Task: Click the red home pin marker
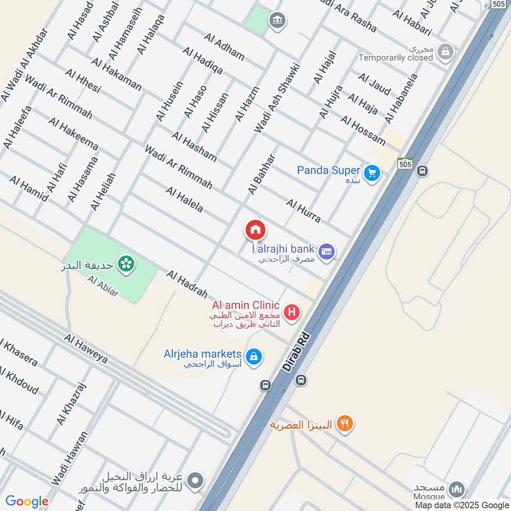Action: pyautogui.click(x=256, y=230)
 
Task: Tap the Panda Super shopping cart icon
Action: pyautogui.click(x=372, y=172)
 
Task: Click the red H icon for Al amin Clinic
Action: pyautogui.click(x=292, y=312)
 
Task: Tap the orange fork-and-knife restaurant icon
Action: pyautogui.click(x=344, y=423)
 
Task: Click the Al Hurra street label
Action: pyautogui.click(x=303, y=211)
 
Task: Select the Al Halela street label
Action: pyautogui.click(x=184, y=199)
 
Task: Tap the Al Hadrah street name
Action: pyautogui.click(x=187, y=284)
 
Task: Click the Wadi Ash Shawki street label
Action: pyautogui.click(x=277, y=98)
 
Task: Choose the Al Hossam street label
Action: pyautogui.click(x=363, y=130)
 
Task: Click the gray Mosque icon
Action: pyautogui.click(x=456, y=491)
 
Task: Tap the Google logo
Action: pyautogui.click(x=27, y=501)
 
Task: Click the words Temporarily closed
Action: pyautogui.click(x=396, y=57)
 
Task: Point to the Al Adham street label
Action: pyautogui.click(x=224, y=45)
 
